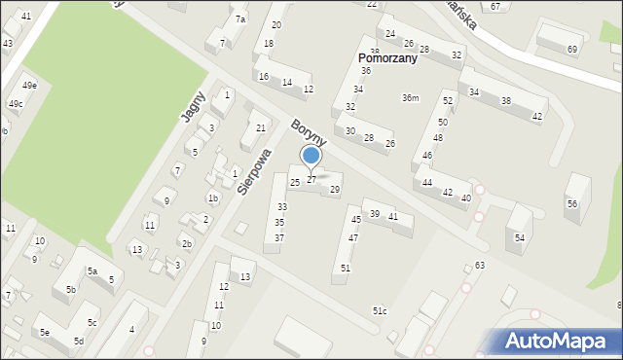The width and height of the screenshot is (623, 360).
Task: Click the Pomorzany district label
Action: (x=386, y=58)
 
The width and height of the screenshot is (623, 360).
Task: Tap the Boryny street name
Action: (x=308, y=132)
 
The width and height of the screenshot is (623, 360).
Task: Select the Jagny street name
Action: (x=193, y=104)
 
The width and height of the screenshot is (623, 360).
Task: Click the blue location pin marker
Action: (x=311, y=157)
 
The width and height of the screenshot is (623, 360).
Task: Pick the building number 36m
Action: (x=411, y=97)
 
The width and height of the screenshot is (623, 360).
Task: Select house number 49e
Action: (x=30, y=86)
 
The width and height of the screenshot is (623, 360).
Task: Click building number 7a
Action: (x=240, y=19)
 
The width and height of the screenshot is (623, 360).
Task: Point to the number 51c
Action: (x=379, y=311)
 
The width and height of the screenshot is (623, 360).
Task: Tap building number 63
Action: (x=480, y=266)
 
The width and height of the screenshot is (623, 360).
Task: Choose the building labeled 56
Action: (x=572, y=203)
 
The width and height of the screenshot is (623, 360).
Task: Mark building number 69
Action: (x=572, y=50)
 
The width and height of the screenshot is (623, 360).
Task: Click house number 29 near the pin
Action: (x=335, y=190)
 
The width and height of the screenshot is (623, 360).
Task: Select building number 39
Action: (x=374, y=214)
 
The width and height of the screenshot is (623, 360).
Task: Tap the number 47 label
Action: (x=353, y=238)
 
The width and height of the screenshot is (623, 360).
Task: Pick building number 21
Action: (x=259, y=128)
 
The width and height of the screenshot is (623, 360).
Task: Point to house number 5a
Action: (x=92, y=272)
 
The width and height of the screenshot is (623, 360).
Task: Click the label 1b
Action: (x=212, y=198)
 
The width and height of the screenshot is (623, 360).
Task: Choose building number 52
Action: (x=448, y=101)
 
